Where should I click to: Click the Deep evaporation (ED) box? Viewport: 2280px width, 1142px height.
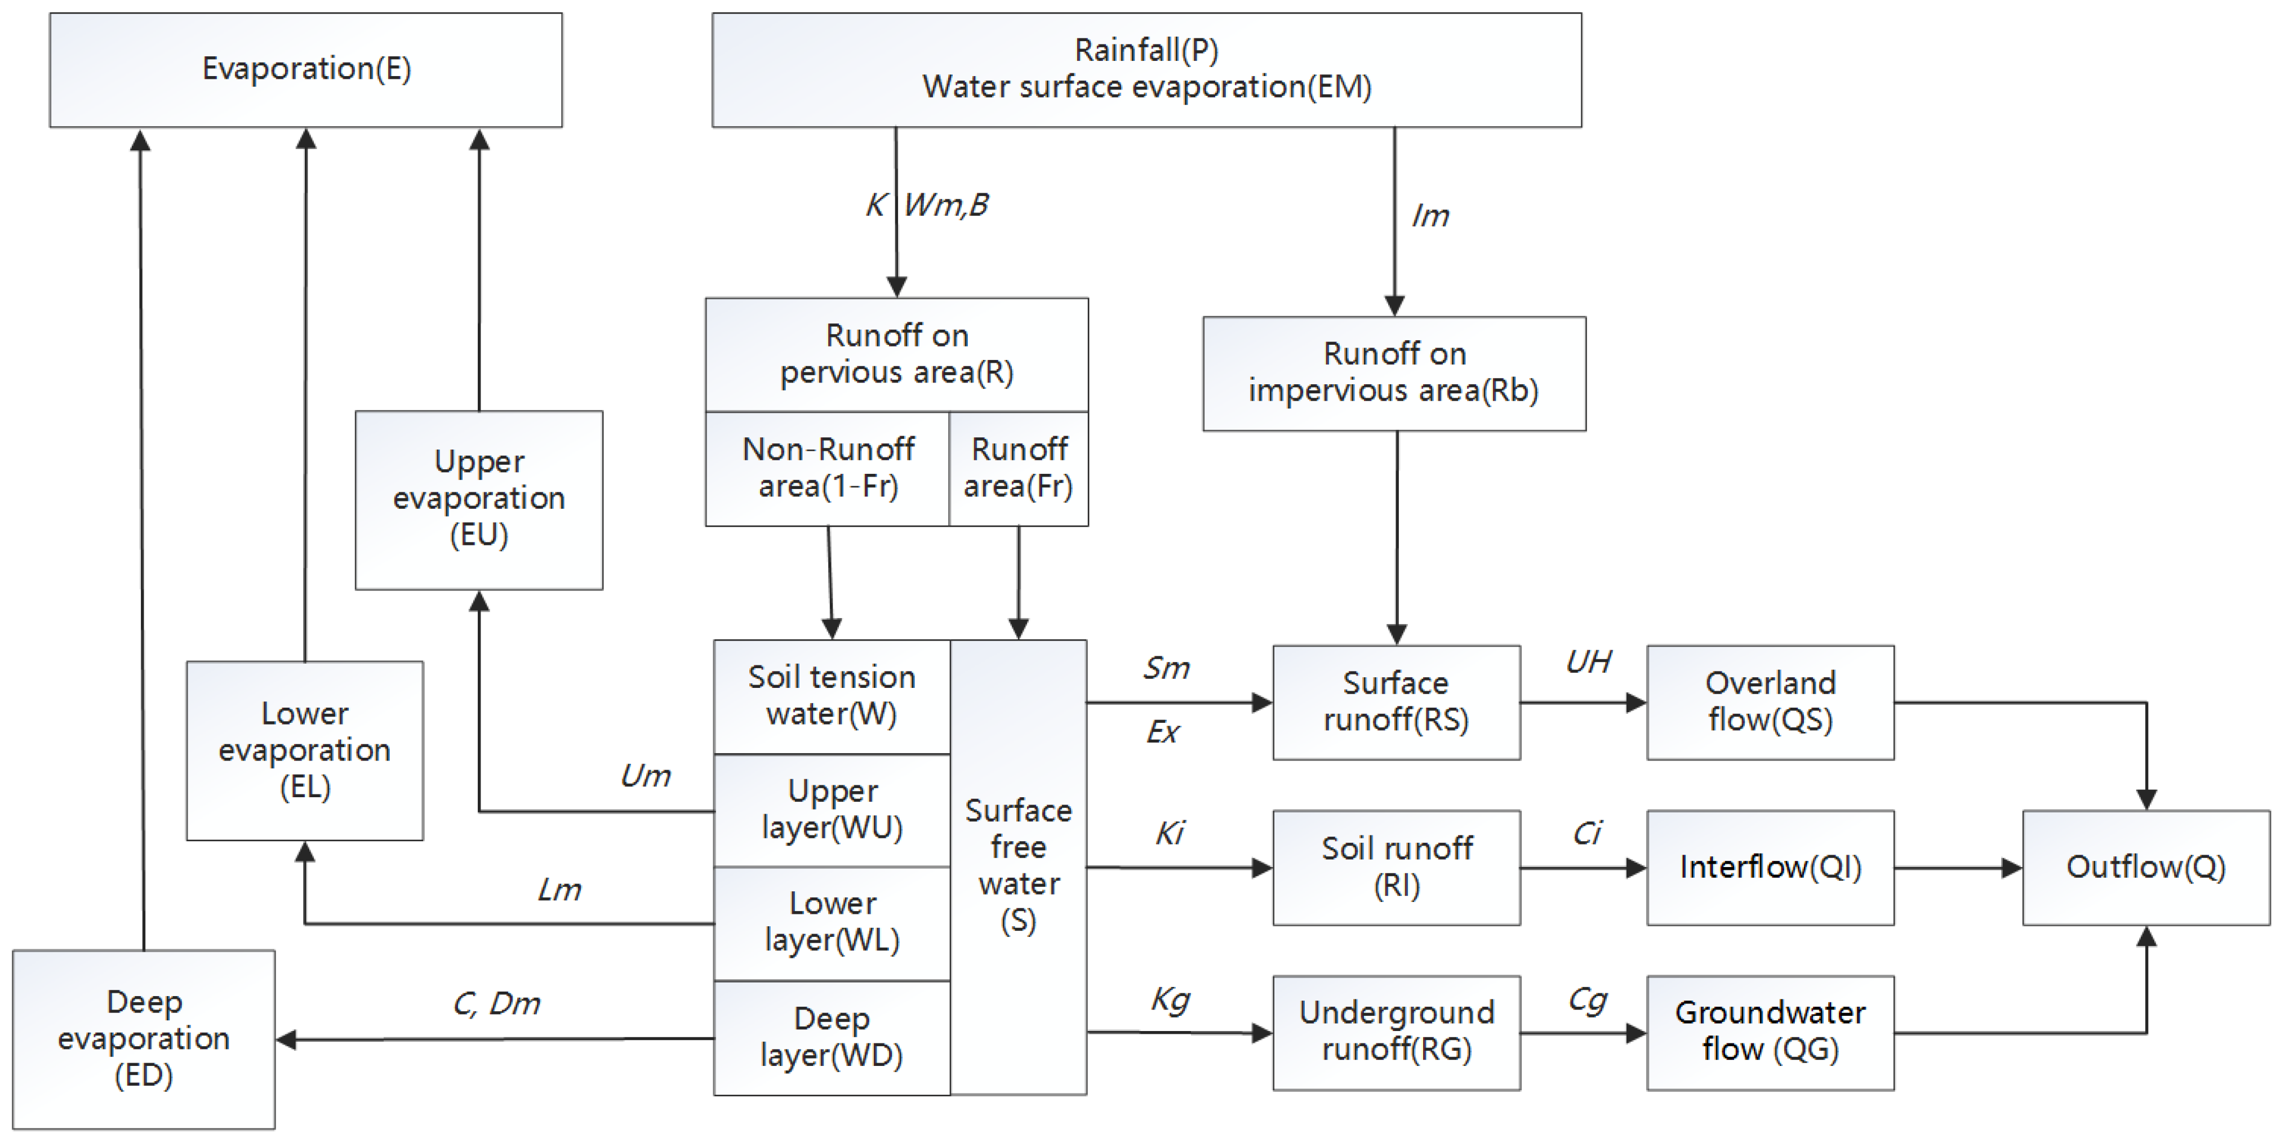click(x=144, y=1038)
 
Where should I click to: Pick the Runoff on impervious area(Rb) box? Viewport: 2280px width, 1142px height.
click(x=1394, y=374)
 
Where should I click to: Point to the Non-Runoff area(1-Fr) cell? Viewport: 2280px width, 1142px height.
click(x=828, y=468)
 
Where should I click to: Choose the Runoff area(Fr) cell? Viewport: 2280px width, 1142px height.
click(x=1019, y=468)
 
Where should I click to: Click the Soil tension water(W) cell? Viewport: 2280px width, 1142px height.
click(x=831, y=696)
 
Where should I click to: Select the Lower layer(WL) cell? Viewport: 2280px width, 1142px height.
click(x=831, y=922)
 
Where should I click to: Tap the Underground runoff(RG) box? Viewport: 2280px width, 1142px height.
click(x=1396, y=1032)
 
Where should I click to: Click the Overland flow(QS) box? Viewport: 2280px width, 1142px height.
click(x=1770, y=702)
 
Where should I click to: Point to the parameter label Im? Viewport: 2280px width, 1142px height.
click(x=1429, y=216)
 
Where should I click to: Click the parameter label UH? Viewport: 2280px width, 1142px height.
click(x=1588, y=662)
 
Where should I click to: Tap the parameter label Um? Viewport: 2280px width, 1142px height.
click(x=645, y=776)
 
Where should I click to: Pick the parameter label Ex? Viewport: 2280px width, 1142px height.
click(x=1162, y=732)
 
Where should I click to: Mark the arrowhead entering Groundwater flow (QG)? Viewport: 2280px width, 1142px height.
click(x=1637, y=1033)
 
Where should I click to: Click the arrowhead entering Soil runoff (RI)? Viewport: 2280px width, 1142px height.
click(x=1262, y=868)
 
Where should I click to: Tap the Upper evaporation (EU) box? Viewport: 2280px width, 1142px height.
click(x=479, y=499)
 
